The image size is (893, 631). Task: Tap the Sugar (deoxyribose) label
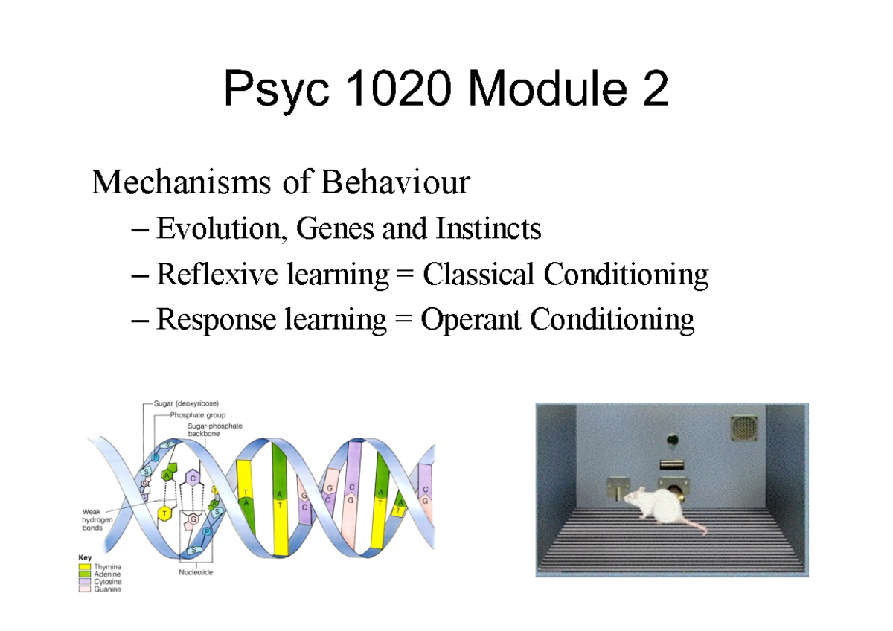coord(186,403)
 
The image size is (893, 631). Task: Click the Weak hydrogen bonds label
coord(97,519)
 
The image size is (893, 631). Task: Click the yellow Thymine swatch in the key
coord(84,566)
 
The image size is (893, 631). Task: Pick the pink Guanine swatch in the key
coord(84,589)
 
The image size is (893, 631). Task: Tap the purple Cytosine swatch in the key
coord(84,581)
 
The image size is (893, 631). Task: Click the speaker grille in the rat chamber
coord(742,428)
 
